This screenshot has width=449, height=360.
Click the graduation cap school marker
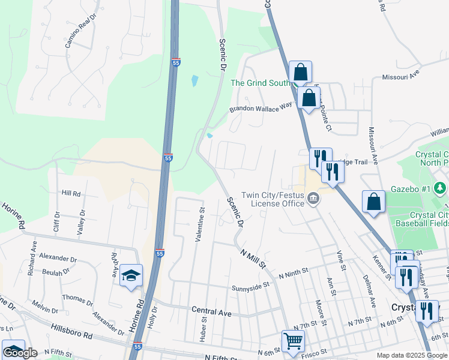[131, 275]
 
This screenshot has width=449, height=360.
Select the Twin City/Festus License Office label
[274, 199]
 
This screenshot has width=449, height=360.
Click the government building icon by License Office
[313, 199]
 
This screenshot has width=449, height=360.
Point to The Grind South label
[261, 83]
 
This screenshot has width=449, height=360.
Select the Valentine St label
[199, 224]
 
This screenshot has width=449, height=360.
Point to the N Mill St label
[253, 256]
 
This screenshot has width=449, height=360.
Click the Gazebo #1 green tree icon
[441, 188]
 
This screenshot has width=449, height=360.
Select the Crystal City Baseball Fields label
[429, 219]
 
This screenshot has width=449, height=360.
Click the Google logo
[20, 353]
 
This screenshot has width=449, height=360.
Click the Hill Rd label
[71, 193]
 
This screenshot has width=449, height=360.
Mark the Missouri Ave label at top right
[402, 77]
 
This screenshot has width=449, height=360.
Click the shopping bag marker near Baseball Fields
[373, 203]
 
